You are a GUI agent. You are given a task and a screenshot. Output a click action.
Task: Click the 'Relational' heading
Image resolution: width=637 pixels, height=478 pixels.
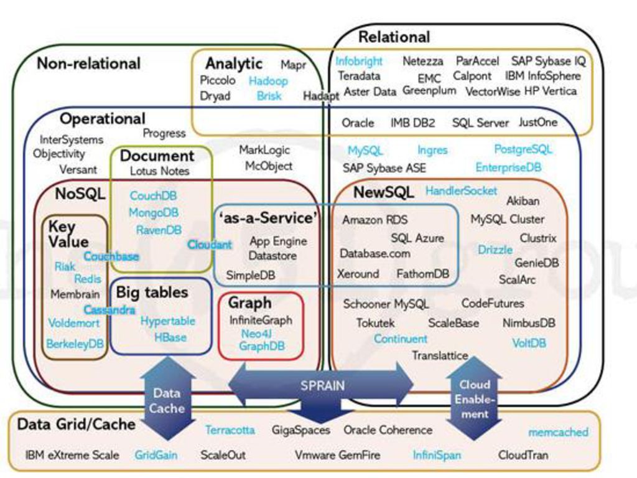(394, 37)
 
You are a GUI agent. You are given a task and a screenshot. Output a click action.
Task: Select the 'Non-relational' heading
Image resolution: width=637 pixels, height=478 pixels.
(88, 63)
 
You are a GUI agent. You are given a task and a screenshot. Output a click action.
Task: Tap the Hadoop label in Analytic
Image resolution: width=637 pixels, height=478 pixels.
(268, 81)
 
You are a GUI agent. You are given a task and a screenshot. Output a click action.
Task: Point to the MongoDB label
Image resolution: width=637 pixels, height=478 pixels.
(154, 213)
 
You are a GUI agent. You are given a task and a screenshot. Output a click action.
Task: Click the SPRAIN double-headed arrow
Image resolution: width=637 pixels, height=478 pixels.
(321, 385)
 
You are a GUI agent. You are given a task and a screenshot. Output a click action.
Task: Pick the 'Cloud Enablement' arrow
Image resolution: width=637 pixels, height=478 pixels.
(474, 399)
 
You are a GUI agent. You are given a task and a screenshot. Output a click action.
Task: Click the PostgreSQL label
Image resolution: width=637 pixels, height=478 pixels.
(523, 149)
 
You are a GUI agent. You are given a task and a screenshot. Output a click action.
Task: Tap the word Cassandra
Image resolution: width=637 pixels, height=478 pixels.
(109, 310)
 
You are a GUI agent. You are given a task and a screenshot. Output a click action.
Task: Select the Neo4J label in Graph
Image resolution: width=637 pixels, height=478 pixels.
(256, 334)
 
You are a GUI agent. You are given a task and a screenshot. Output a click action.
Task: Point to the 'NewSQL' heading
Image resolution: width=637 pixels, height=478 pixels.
(383, 192)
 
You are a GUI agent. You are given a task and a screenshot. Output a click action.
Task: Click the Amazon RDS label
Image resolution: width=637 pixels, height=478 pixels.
(374, 220)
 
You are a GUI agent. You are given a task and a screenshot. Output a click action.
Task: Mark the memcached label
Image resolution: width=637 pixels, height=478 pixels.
(558, 432)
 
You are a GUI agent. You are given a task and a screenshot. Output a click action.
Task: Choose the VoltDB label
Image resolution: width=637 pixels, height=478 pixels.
(529, 344)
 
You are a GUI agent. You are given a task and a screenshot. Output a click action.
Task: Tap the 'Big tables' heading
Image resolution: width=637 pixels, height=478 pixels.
(152, 293)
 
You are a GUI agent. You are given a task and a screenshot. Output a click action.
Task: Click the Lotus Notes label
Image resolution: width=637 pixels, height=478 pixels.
(160, 171)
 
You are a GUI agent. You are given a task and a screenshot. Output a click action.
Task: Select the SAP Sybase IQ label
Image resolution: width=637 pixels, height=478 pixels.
(549, 62)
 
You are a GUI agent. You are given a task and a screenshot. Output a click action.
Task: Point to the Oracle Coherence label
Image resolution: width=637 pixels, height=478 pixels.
(388, 430)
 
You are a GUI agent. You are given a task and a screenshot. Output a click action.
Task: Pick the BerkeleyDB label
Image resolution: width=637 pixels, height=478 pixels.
(75, 344)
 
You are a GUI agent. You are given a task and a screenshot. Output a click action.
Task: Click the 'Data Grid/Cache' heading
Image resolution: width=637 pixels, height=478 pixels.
(77, 424)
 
